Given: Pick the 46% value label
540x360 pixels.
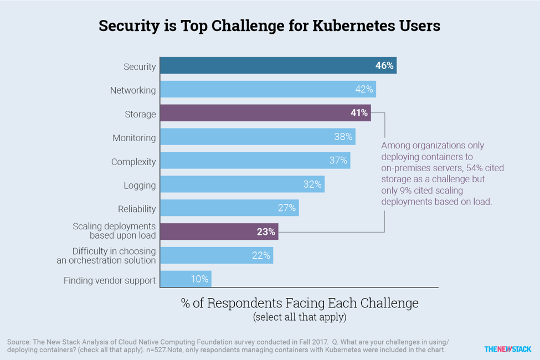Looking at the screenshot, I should tap(384, 65).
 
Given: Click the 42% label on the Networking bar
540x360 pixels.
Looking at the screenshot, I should tap(364, 89).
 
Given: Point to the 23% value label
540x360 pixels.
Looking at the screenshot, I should tap(266, 232).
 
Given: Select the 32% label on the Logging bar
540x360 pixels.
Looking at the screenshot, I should tap(312, 184).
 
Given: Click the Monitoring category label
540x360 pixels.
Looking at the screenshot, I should tap(134, 138).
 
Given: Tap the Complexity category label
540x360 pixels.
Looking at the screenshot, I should tap(133, 162).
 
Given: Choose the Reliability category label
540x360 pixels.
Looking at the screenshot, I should tap(137, 209).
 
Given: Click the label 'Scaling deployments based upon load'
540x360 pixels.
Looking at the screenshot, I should tap(115, 231).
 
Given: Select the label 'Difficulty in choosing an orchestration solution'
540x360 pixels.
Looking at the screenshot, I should tap(106, 255).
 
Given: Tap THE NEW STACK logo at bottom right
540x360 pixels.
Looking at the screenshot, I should tap(507, 349).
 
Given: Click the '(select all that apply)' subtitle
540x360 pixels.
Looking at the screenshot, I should tap(300, 317).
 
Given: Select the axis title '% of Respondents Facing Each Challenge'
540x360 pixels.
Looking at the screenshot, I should tap(300, 303).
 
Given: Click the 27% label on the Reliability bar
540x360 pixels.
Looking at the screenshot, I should tap(287, 208).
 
